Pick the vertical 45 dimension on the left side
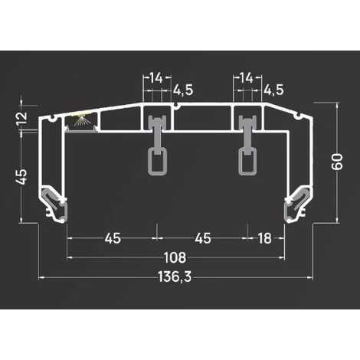coord(21,175)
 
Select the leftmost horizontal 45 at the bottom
coord(112,238)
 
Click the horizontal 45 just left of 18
coord(203,238)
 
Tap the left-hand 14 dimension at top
coord(155,77)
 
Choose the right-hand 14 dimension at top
coord(247,77)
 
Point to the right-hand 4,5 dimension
coord(273,90)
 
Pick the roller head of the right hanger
coord(247,126)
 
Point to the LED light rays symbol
coord(81,121)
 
